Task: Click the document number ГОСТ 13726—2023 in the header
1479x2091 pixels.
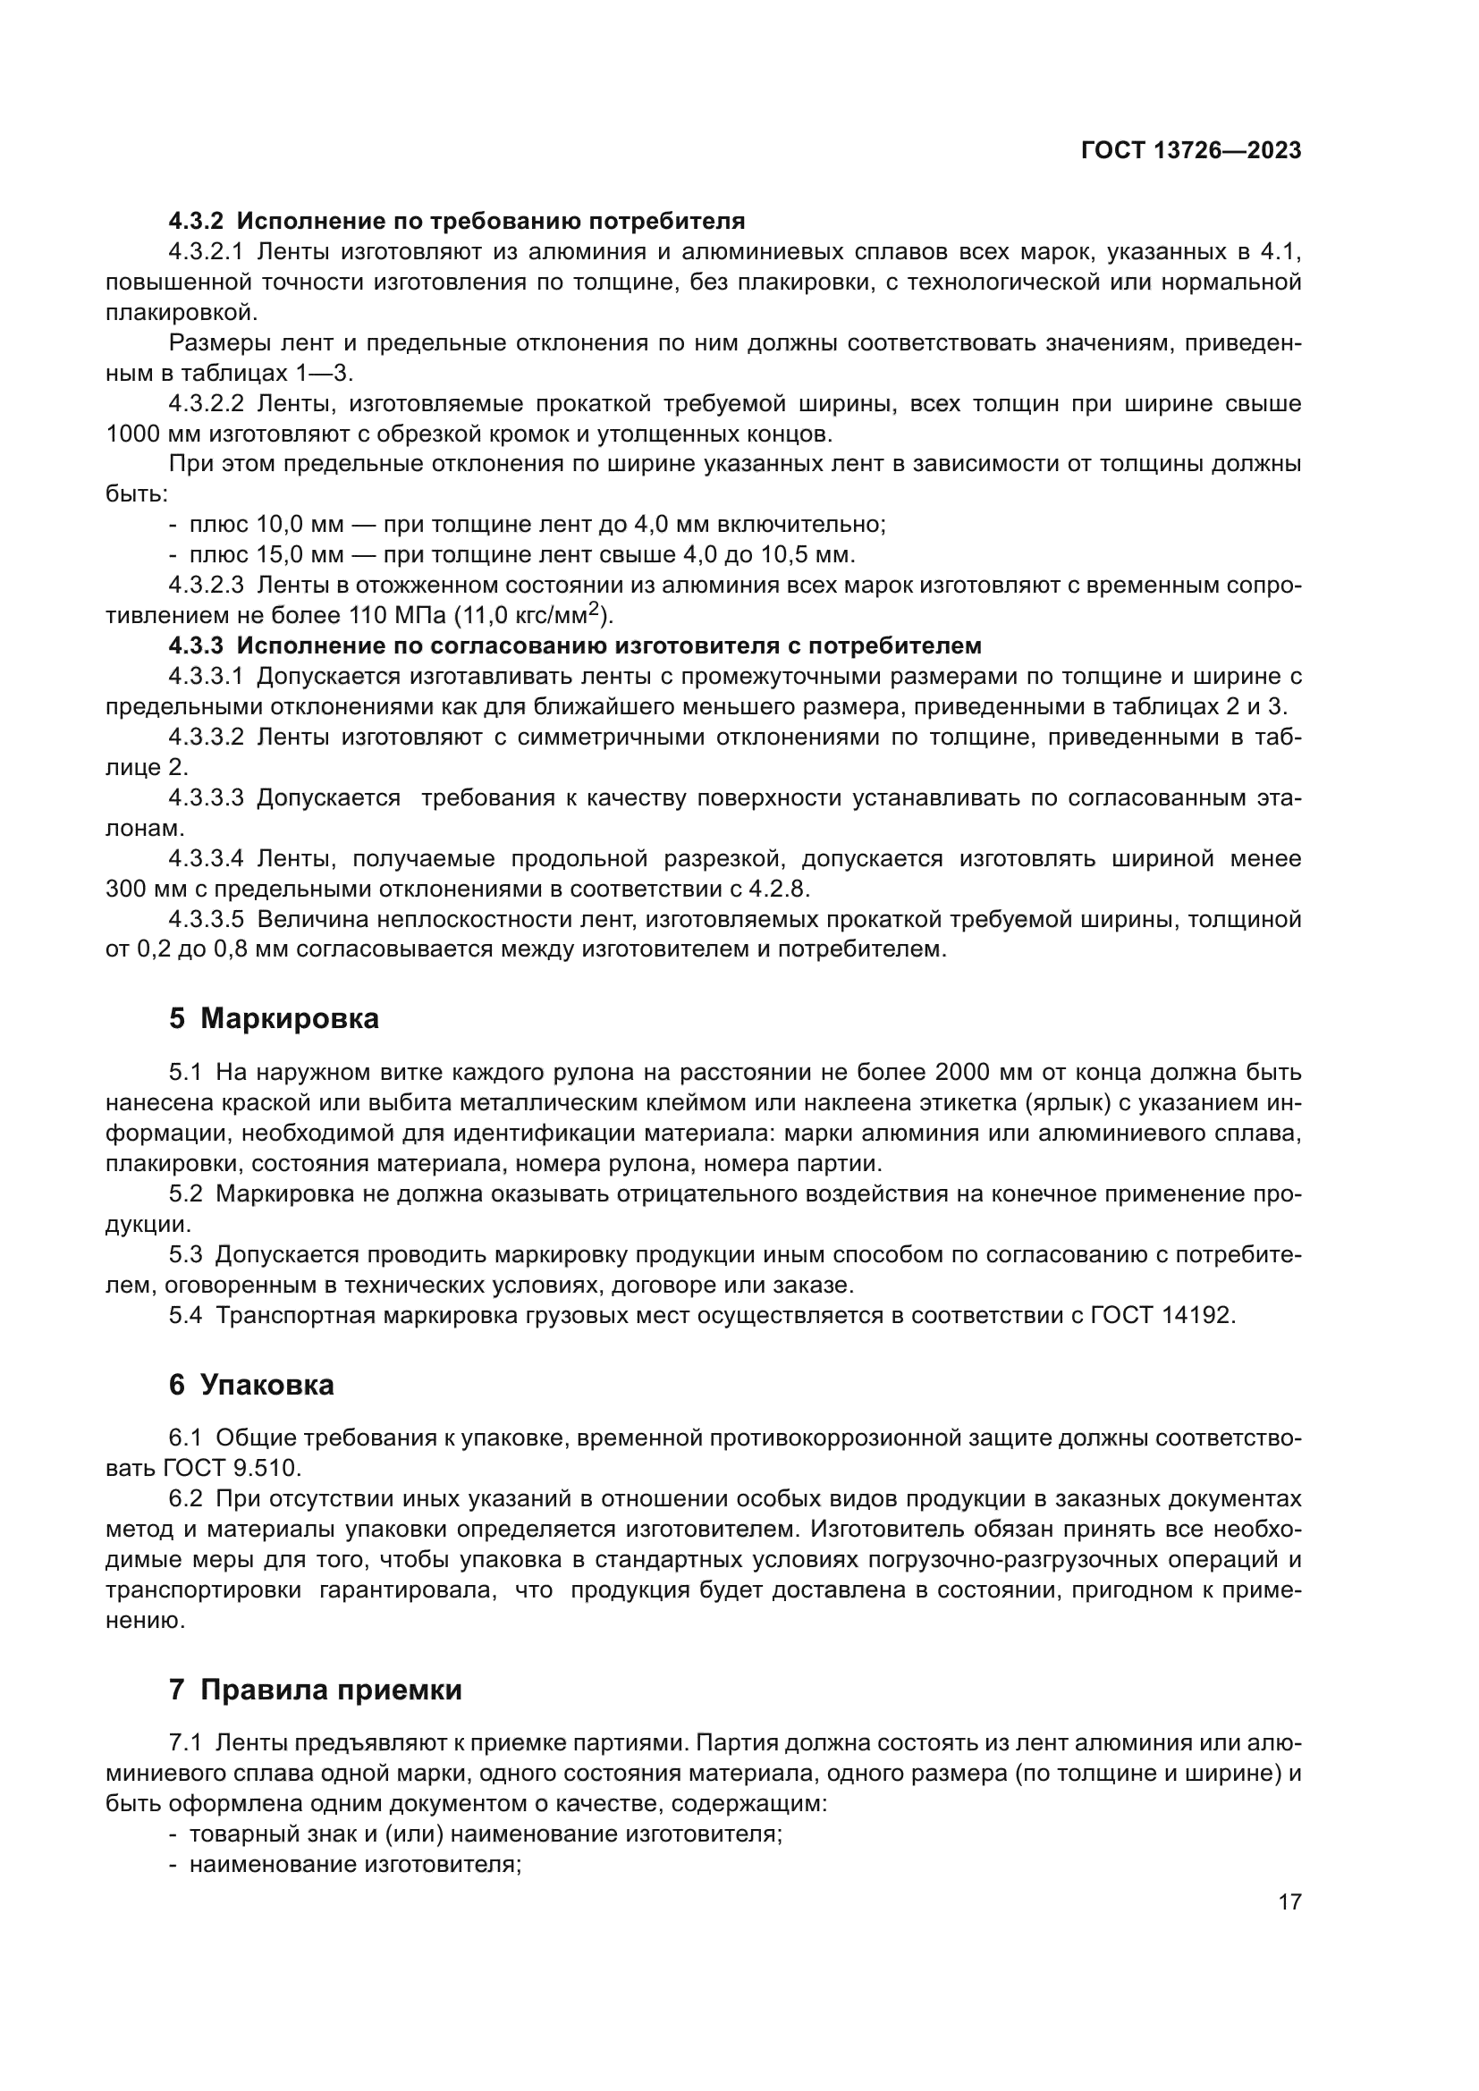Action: point(1190,151)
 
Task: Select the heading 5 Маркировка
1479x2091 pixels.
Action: point(275,1018)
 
